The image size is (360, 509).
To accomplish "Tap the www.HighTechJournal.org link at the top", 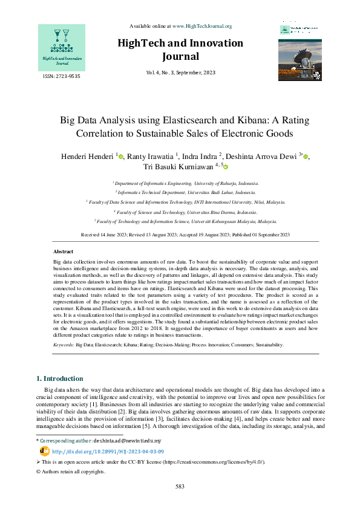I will coord(202,26).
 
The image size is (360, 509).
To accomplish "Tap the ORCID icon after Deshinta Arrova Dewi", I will coord(306,157).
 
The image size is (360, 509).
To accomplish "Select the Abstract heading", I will coord(64,251).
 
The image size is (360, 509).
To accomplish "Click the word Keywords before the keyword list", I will coord(63,344).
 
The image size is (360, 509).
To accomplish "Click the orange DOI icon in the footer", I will coord(44,451).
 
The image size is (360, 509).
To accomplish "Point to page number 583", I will coord(180,486).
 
